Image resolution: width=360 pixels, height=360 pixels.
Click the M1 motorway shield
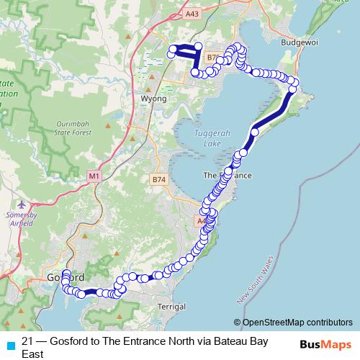coord(94,176)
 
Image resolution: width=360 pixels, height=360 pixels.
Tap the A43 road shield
coord(192,14)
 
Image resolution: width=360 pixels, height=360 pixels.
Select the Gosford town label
coord(65,278)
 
